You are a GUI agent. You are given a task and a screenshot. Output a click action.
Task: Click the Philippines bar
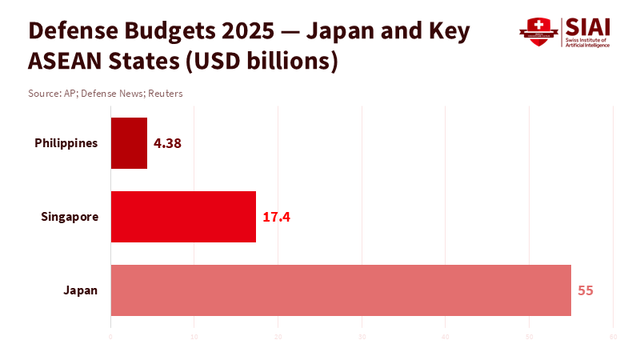(129, 143)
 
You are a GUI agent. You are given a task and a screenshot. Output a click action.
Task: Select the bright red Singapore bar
(183, 217)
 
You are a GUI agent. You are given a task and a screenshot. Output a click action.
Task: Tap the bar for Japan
(341, 290)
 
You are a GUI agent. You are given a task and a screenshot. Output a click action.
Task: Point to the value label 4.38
(168, 144)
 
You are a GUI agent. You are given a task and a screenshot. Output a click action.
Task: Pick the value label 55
(586, 290)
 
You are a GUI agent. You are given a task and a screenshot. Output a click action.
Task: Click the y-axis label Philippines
(66, 143)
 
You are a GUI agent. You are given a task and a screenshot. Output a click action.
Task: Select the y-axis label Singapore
(70, 217)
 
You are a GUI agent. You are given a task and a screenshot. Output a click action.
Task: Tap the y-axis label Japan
(81, 290)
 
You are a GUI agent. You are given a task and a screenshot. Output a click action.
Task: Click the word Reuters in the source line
(165, 94)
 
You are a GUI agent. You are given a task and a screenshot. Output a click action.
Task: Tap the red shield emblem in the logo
(538, 32)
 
